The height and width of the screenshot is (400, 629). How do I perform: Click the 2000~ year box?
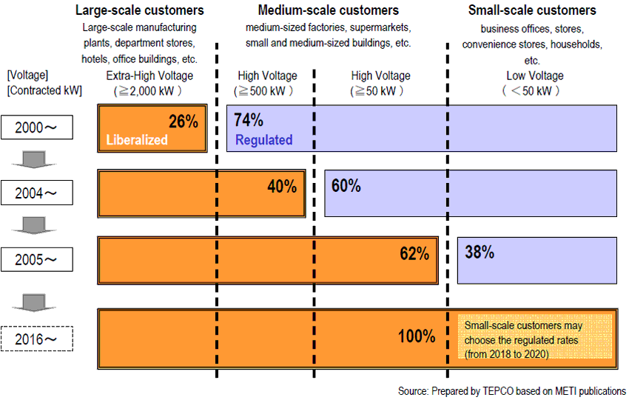38,128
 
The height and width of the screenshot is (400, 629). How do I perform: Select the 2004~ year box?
38,193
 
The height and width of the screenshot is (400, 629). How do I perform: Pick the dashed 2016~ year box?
38,339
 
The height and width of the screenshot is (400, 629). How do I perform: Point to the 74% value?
248,120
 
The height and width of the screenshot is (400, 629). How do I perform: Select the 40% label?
282,185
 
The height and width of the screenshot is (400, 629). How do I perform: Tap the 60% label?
346,185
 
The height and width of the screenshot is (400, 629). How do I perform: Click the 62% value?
414,253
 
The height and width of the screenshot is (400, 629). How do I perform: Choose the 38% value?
480,252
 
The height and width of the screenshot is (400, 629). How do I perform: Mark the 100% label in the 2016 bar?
416,336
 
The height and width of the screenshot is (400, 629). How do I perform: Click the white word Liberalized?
137,139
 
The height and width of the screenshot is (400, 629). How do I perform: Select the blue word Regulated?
263,139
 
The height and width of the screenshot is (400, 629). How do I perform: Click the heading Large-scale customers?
140,10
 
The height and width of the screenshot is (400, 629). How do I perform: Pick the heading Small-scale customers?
532,10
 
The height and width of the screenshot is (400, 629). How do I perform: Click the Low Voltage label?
534,76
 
